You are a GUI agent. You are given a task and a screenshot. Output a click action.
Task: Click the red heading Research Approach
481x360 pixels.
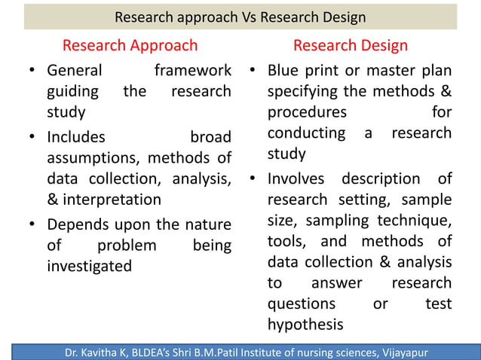[130, 45]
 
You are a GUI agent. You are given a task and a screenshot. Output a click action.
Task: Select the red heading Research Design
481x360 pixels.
[351, 45]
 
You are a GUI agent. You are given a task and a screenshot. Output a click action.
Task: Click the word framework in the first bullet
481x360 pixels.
[192, 71]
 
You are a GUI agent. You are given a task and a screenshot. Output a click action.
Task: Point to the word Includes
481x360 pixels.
[76, 138]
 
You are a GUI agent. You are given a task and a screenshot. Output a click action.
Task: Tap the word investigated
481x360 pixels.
[89, 265]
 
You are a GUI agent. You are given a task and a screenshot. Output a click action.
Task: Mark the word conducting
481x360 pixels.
[305, 133]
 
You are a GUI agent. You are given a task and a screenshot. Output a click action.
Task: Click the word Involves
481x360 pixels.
[296, 179]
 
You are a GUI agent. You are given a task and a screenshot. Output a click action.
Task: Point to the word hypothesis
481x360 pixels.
[305, 324]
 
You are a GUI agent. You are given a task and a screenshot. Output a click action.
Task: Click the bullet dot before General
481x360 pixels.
[33, 72]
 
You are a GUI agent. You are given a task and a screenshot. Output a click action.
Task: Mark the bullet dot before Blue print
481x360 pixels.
[254, 72]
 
